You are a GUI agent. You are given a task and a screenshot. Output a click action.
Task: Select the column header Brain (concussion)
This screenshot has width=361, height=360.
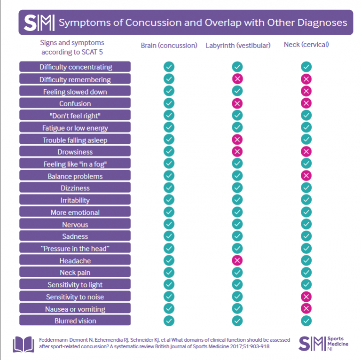(169, 46)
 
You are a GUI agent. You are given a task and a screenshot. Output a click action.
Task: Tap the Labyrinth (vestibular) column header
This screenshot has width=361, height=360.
(238, 46)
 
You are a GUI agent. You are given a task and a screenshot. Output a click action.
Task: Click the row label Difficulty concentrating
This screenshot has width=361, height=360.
(75, 67)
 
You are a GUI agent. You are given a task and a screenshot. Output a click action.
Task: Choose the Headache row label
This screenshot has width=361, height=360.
(75, 260)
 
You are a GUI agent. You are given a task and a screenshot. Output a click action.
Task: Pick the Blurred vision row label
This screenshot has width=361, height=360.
(75, 321)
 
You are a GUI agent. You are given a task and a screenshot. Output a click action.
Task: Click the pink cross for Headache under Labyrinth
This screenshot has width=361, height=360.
(237, 260)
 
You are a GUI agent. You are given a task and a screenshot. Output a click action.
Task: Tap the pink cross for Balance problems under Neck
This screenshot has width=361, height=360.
(306, 176)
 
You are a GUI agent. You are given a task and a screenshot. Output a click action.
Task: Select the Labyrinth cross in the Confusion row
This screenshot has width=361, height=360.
(237, 103)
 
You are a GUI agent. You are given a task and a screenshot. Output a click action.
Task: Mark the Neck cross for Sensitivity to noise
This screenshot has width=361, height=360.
(306, 297)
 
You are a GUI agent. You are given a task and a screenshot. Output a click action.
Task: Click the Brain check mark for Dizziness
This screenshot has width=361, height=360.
(169, 188)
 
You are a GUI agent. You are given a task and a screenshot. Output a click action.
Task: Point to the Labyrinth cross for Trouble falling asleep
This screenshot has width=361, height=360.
(237, 140)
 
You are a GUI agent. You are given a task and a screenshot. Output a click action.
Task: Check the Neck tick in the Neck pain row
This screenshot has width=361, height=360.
(306, 273)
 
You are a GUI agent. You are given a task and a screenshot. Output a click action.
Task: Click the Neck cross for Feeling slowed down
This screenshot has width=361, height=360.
(306, 91)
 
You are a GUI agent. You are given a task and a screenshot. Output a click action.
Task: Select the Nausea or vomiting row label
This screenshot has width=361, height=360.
(75, 309)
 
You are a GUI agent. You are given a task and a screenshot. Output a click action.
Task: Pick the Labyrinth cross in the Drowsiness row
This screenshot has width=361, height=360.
(237, 151)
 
